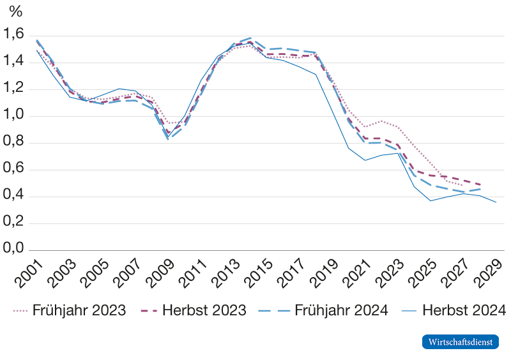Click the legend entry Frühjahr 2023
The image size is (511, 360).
pos(69,310)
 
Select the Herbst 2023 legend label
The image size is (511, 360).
pos(194,310)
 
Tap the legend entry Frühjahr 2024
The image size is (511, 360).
pos(323,310)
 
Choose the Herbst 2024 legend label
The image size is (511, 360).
pos(453,310)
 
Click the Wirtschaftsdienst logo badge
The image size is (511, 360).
pos(460,341)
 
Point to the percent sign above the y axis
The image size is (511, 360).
pos(15,11)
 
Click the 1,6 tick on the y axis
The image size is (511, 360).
pos(13,34)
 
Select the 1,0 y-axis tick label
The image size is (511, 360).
pos(13,114)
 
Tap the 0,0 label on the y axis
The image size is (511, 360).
pos(13,248)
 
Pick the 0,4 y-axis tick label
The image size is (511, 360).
pos(13,195)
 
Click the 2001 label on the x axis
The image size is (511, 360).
pos(29,274)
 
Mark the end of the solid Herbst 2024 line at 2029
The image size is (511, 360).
pos(496,202)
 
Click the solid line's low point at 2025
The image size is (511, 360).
pos(431,200)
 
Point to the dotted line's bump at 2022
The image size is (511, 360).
pos(381,121)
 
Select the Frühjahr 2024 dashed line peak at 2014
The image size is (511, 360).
pos(250,38)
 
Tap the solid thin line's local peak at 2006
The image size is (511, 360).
pos(119,89)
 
